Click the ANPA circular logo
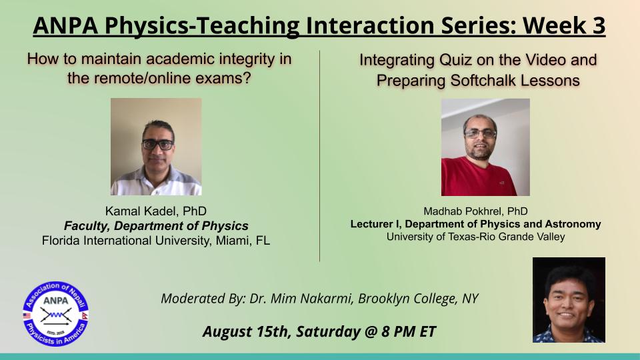tap(55, 313)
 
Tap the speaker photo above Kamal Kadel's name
tap(156, 147)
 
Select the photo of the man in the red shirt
tap(485, 147)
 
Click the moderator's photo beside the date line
tap(569, 299)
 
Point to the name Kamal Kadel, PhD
tap(156, 211)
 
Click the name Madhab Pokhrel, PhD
tap(475, 211)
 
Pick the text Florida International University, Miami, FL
tap(156, 241)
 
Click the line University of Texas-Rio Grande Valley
tap(475, 237)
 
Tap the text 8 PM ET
tap(409, 331)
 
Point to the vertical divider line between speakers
tap(319, 156)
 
